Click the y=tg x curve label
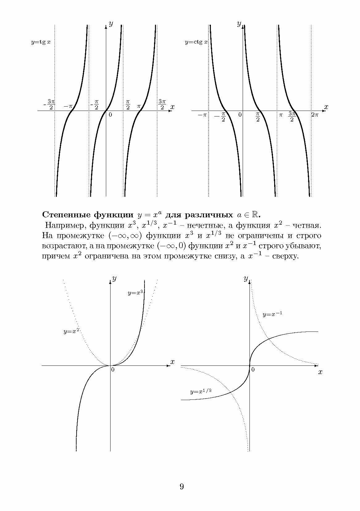[41, 42]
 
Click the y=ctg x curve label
[196, 42]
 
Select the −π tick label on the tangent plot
[68, 106]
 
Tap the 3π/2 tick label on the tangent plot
[162, 104]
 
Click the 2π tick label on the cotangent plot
[314, 115]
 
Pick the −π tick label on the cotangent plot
[202, 115]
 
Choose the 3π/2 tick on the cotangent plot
[292, 116]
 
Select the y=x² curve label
[71, 332]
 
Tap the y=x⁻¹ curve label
[272, 314]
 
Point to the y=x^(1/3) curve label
[201, 391]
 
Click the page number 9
[182, 487]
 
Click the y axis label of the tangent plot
[111, 24]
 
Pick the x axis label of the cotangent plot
[326, 107]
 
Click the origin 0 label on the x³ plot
[113, 369]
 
